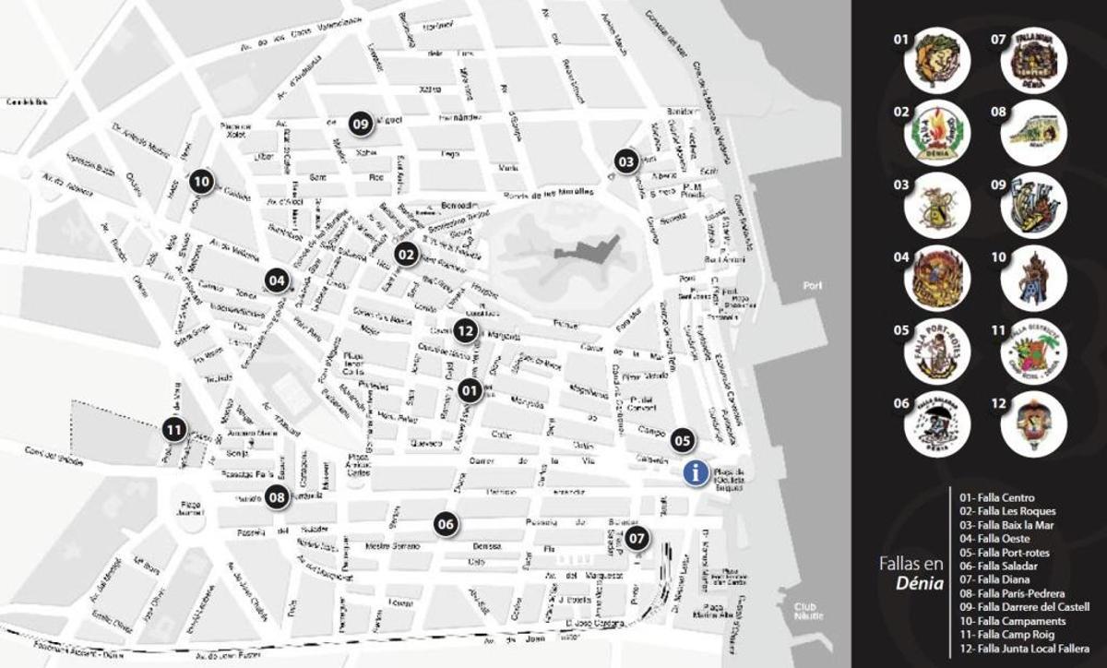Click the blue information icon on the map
point(696,472)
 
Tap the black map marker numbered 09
point(360,122)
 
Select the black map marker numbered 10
point(202,182)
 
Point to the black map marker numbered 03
point(626,161)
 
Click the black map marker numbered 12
point(465,329)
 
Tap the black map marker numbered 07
point(637,537)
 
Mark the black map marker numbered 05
point(682,440)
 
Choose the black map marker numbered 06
point(446,524)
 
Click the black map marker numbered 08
point(277,497)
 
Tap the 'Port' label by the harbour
point(812,286)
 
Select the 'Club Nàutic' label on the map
point(809,610)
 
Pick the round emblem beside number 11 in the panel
point(1033,352)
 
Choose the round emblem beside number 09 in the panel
point(1033,206)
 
